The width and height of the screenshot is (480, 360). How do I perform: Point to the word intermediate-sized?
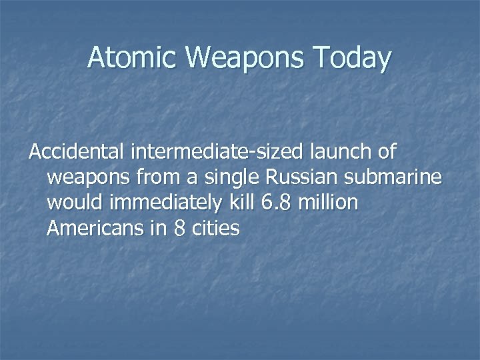click(219, 153)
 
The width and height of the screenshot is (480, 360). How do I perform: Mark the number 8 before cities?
click(179, 229)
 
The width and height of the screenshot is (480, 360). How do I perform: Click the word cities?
click(215, 229)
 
